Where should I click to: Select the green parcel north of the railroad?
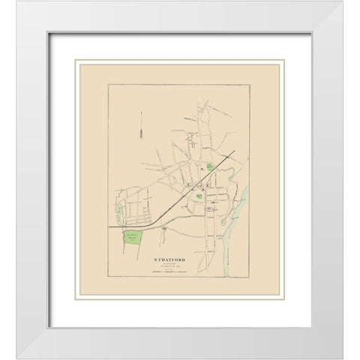tap(210, 168)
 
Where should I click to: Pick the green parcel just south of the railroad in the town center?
tap(199, 196)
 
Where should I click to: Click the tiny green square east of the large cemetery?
tap(163, 228)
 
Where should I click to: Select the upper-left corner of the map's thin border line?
tap(108, 85)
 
